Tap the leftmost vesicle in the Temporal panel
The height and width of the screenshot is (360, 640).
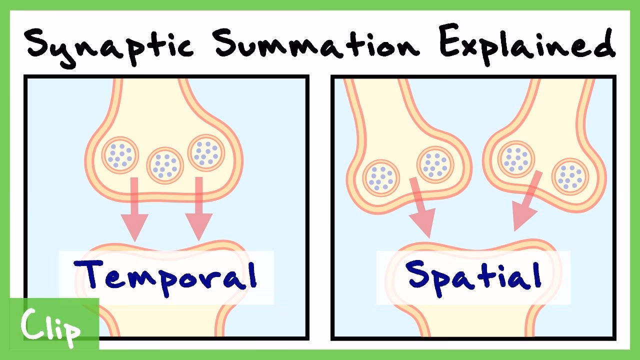pyautogui.click(x=120, y=155)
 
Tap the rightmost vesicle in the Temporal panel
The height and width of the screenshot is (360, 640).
pyautogui.click(x=206, y=152)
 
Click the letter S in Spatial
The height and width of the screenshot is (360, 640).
pyautogui.click(x=419, y=274)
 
